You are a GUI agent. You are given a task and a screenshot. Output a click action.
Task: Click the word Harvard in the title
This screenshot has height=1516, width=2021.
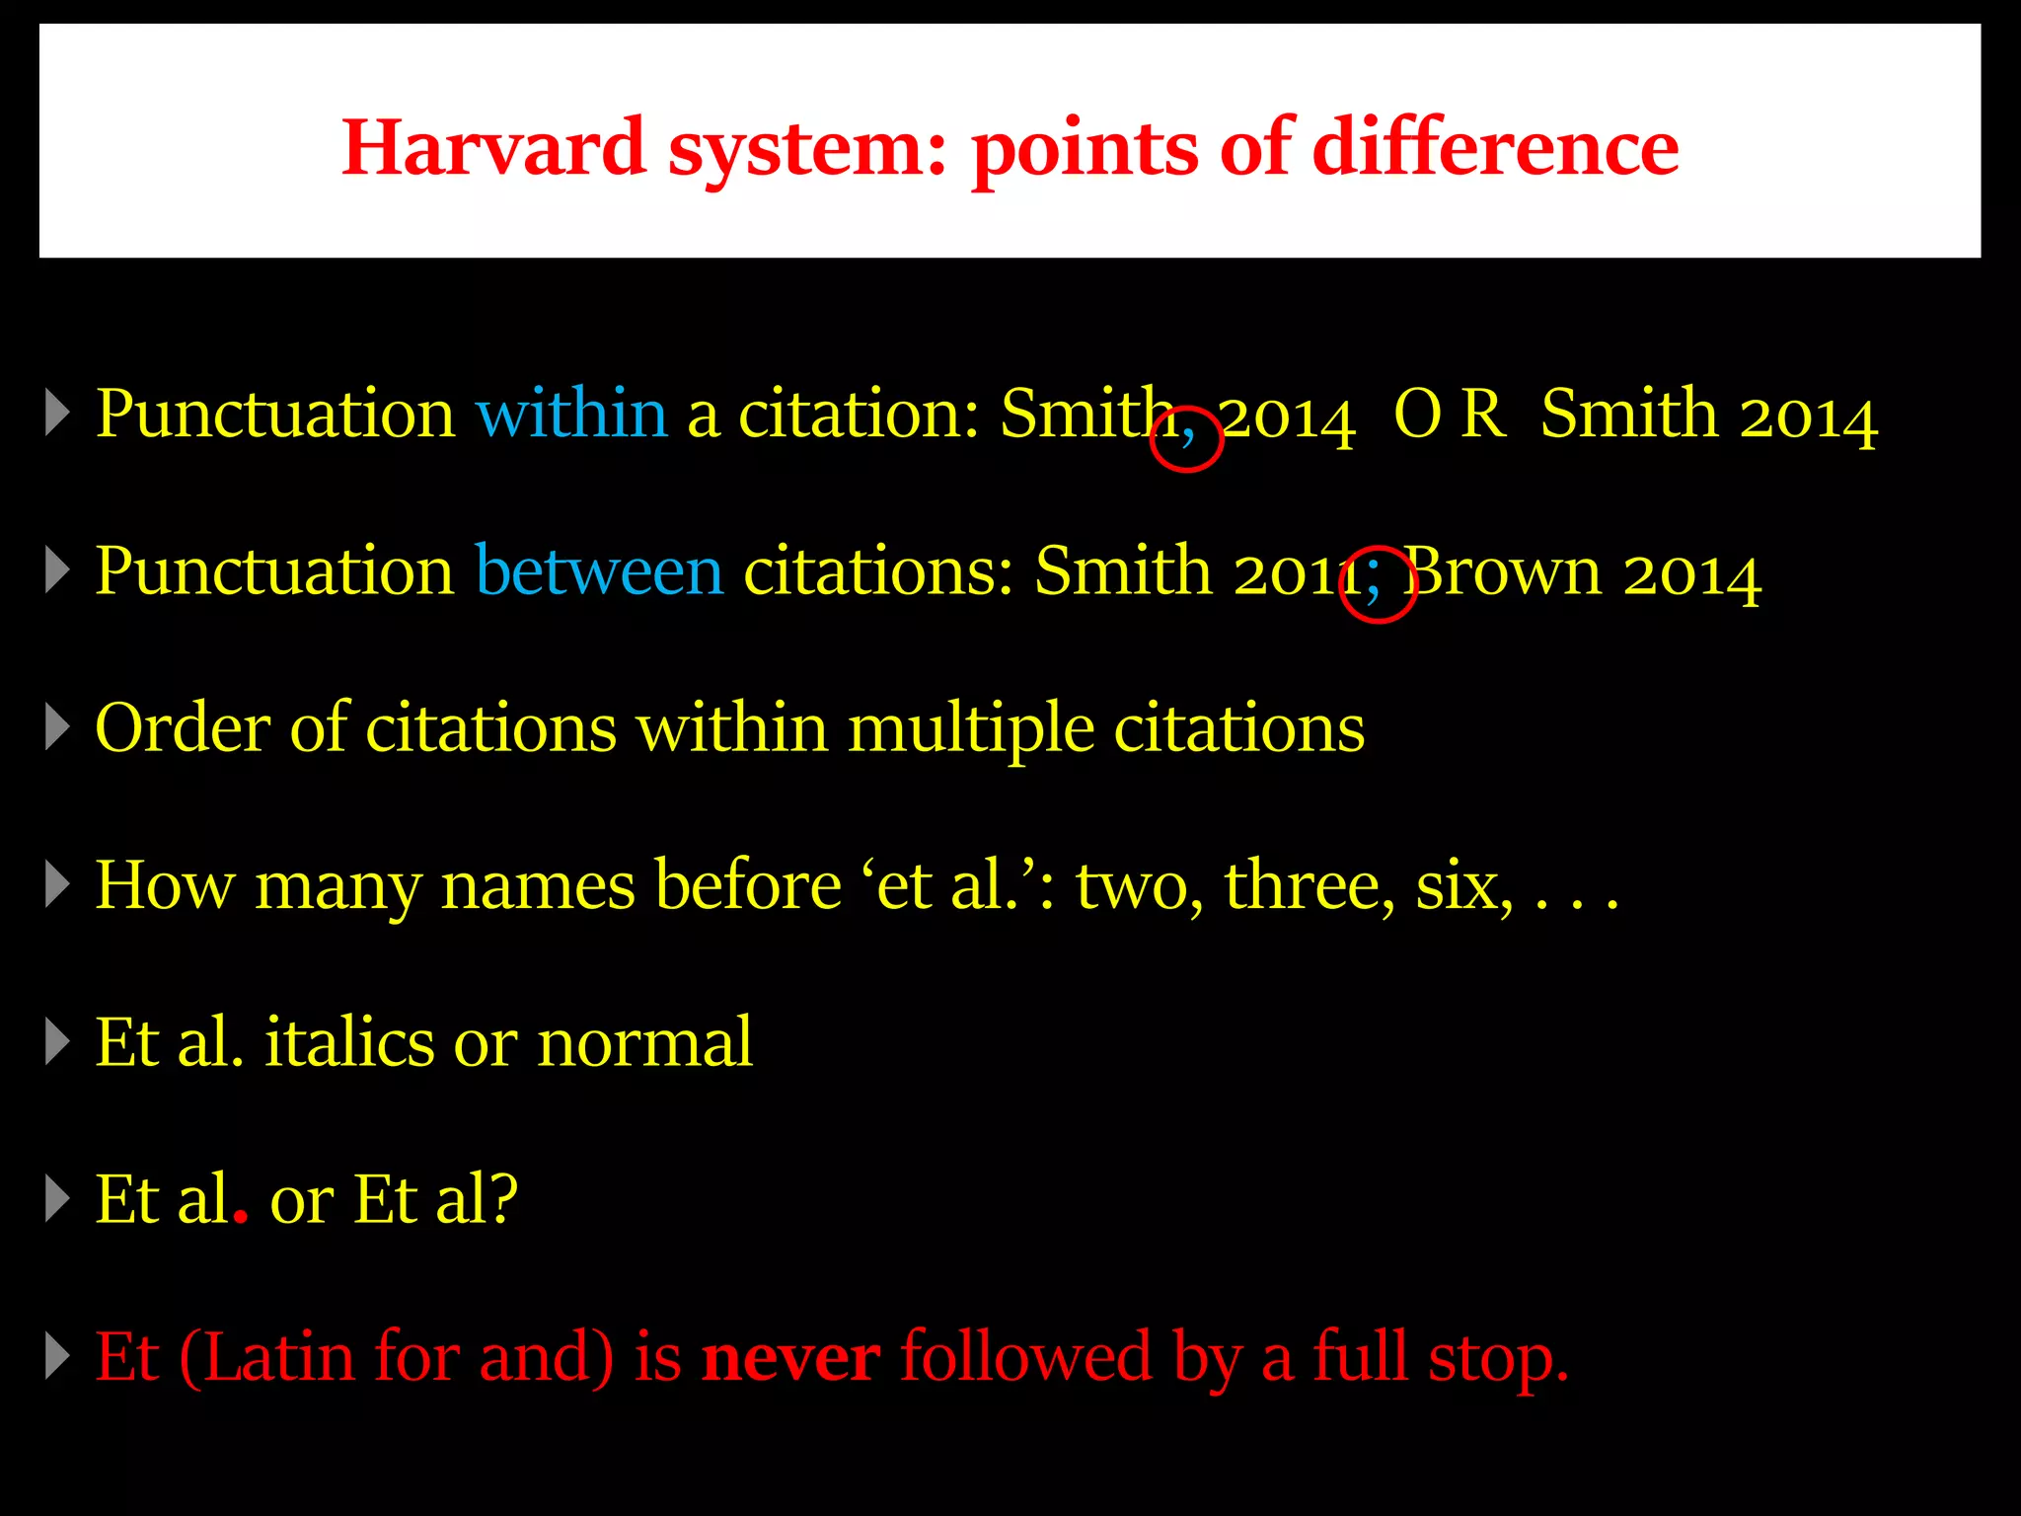[x=492, y=148]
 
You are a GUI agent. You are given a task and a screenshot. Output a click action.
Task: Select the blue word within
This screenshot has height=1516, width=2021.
[x=571, y=414]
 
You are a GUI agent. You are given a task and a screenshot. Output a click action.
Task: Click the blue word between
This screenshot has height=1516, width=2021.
[x=599, y=571]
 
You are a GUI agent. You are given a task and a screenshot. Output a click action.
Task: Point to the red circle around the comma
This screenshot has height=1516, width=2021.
[x=1186, y=439]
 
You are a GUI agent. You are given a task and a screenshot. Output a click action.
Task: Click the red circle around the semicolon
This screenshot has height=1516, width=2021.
[x=1379, y=584]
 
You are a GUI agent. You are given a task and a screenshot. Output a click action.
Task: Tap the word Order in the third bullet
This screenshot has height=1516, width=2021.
[x=183, y=728]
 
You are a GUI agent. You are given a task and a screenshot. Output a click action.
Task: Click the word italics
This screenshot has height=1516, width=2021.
[x=349, y=1042]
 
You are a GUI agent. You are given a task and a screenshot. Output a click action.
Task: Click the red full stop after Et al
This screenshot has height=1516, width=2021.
[x=240, y=1220]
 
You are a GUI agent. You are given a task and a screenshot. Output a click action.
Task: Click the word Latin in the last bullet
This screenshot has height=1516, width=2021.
[x=280, y=1358]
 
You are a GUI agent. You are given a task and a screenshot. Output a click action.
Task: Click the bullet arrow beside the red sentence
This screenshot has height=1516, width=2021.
[x=58, y=1358]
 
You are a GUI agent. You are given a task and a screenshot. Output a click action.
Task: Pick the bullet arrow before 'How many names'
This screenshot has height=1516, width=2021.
[x=58, y=885]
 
